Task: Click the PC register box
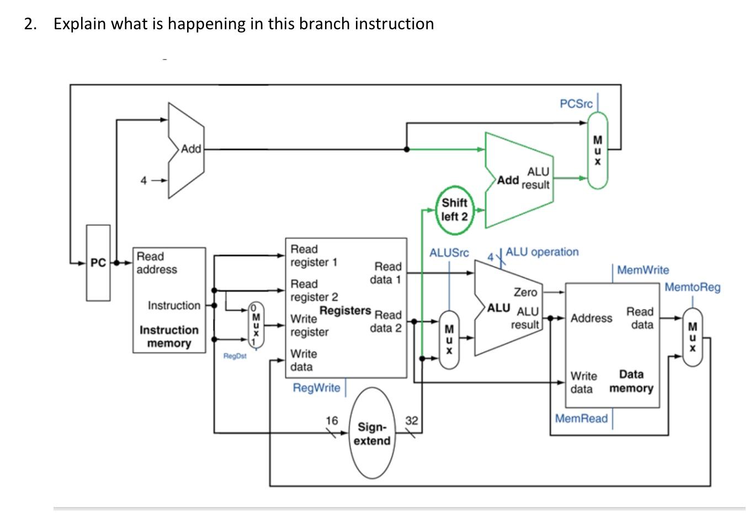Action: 98,263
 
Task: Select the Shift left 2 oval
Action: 454,210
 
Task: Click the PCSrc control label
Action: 576,104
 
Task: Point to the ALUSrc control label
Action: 449,253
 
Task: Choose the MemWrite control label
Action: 642,270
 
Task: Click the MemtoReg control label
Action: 692,287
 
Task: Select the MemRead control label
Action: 581,418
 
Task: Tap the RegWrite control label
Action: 316,388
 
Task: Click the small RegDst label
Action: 235,356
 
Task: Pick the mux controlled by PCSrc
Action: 597,150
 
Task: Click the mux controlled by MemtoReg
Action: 693,337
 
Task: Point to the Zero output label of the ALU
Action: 525,292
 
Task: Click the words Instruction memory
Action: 169,337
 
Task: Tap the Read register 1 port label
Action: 313,256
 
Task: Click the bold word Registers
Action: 345,311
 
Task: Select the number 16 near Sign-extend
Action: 331,421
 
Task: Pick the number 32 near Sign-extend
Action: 412,421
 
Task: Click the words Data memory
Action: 631,381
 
